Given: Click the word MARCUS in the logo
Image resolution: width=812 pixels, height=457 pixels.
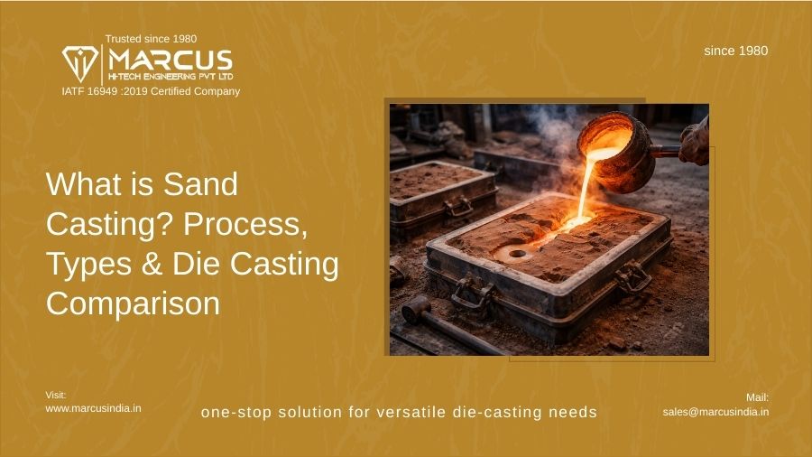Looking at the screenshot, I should (x=171, y=61).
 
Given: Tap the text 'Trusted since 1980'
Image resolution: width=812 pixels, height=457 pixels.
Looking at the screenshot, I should (x=151, y=39).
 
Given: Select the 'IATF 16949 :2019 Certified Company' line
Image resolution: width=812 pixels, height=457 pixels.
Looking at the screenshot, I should (x=151, y=91).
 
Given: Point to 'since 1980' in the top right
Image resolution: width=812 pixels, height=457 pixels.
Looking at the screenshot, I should (x=735, y=51).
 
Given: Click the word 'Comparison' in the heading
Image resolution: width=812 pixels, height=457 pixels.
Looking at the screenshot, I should (x=133, y=303).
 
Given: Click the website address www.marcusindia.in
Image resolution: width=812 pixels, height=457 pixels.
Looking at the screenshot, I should (x=93, y=408).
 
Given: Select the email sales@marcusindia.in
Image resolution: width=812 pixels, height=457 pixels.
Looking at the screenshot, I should (x=715, y=412).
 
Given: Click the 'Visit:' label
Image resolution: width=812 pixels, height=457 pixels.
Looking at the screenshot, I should (x=56, y=395).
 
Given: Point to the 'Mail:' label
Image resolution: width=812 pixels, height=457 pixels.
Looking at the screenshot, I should (x=757, y=397).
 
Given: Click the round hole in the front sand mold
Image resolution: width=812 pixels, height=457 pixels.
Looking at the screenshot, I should (x=517, y=254).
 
